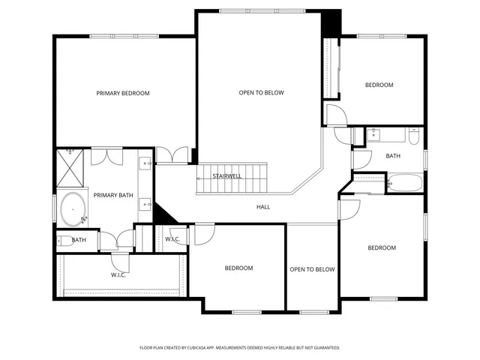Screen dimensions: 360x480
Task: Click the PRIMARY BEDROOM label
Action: (123, 93)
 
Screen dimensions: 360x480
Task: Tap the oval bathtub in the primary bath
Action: (73, 208)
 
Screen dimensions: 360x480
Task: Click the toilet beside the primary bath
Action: (65, 240)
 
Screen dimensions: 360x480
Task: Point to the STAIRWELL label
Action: (226, 176)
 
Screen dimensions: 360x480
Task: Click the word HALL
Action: (263, 207)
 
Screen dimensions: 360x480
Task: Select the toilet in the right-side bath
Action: (413, 137)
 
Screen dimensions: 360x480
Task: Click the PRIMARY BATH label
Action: (112, 196)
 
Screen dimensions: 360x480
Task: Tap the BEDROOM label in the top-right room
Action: (379, 85)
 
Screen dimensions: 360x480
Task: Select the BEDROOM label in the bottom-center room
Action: (238, 268)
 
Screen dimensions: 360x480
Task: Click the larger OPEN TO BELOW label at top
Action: (262, 92)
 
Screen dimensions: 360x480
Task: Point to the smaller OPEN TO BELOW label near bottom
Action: (312, 269)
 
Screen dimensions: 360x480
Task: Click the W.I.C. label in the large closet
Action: (118, 274)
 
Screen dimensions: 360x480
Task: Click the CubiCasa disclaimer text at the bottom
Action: (240, 348)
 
